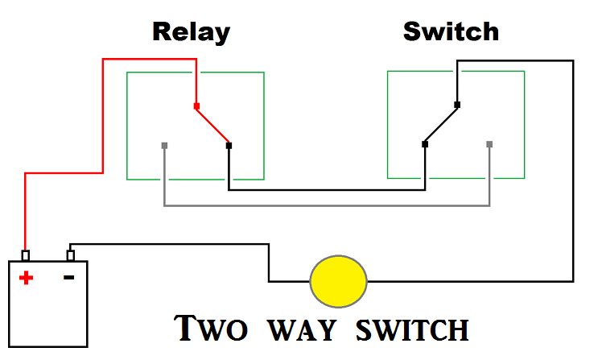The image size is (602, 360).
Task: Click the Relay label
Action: point(192,32)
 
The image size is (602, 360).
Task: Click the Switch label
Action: point(451,32)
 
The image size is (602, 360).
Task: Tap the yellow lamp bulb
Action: point(339,281)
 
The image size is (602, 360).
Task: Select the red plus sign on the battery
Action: point(27,278)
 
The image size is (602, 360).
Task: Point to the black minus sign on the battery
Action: point(68,277)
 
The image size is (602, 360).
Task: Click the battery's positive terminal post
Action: point(26,256)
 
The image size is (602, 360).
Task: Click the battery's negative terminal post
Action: point(71,256)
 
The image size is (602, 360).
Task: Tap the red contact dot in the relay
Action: point(196,106)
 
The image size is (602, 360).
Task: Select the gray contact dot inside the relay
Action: point(164,145)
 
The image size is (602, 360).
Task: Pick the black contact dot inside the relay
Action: point(229,145)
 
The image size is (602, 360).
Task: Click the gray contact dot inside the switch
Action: point(489,144)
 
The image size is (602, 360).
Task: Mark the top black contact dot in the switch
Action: point(456,105)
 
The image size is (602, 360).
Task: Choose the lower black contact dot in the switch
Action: point(424,144)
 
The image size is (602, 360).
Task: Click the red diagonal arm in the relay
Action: point(212,125)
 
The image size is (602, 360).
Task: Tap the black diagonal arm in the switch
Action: point(440,125)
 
